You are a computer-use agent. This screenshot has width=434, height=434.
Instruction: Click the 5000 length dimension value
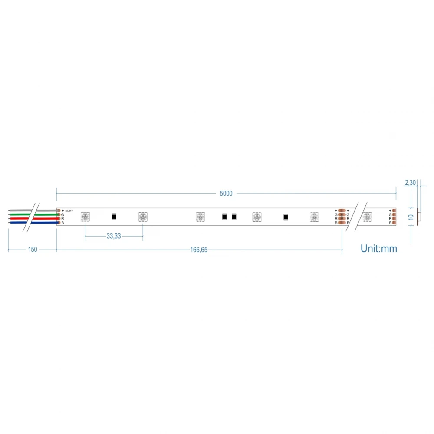point(226,194)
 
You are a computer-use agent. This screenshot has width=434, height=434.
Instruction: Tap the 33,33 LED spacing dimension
point(114,237)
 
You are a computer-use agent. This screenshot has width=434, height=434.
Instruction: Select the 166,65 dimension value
point(199,250)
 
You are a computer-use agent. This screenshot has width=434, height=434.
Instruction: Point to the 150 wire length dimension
point(33,250)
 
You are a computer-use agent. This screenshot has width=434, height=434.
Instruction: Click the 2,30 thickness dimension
point(410,183)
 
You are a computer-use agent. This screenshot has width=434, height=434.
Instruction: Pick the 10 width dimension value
point(411,217)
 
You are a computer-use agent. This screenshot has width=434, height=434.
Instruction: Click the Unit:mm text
point(378,249)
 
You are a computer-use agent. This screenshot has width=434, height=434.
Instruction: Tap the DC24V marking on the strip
point(69,211)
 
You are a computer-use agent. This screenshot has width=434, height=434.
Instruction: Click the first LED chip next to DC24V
point(85,217)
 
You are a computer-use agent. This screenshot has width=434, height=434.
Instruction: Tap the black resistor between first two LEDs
point(114,216)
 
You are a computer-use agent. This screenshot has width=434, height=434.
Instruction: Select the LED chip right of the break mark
point(367,216)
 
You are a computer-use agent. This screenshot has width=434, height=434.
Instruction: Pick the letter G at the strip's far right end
point(390,214)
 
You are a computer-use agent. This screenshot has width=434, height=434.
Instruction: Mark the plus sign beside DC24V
point(63,210)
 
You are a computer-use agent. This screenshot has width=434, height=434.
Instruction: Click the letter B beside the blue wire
point(62,223)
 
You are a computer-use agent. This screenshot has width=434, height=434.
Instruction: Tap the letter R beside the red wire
point(62,219)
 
